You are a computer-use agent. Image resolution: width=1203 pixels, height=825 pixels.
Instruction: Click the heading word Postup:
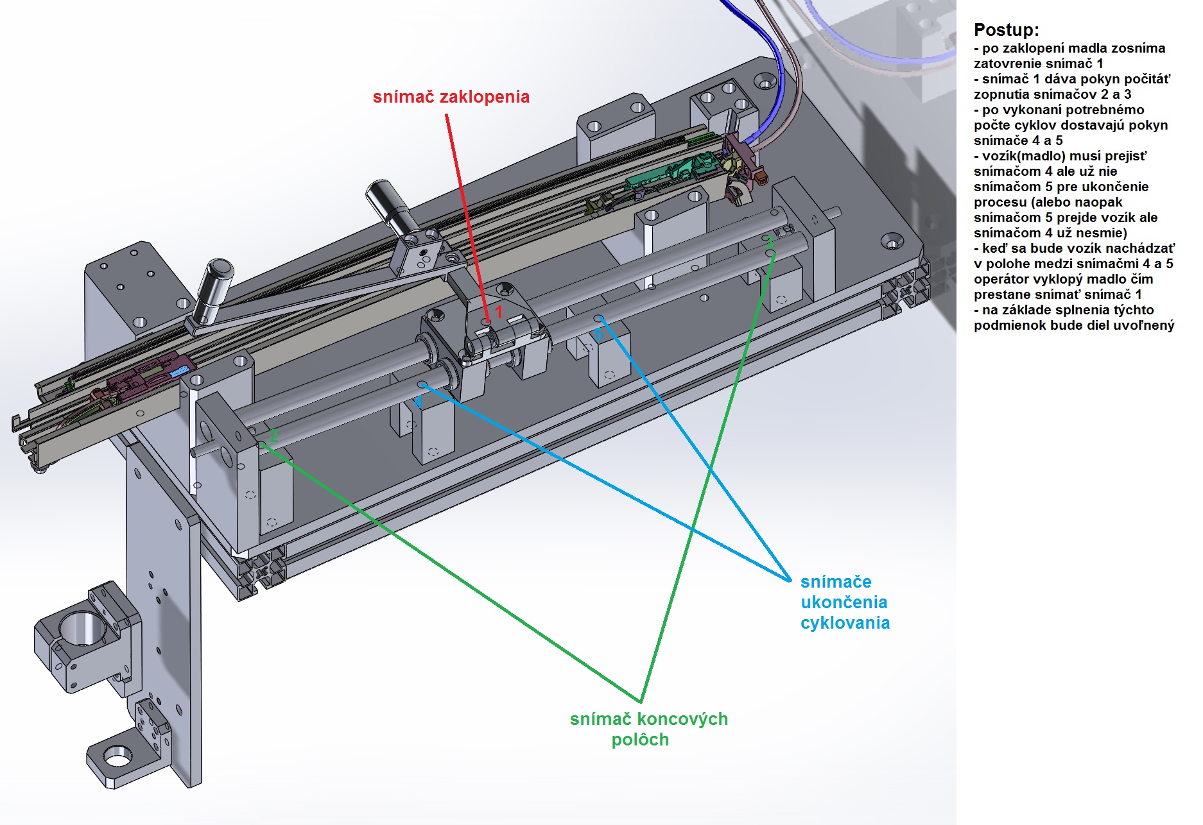[x=1005, y=30]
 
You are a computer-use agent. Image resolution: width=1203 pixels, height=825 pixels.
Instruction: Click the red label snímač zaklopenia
[x=451, y=97]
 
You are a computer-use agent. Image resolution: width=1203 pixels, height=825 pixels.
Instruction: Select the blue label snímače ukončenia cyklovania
[x=844, y=602]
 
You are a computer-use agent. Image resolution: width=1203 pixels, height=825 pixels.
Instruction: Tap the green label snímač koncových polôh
[x=648, y=729]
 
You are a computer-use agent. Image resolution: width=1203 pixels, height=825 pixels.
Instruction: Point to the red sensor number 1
[x=499, y=312]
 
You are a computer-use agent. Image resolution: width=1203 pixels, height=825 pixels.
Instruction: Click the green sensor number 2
[x=273, y=436]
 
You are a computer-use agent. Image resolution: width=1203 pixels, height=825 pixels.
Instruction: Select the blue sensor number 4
[x=418, y=402]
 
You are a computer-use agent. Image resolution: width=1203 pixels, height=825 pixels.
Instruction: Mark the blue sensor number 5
[x=598, y=334]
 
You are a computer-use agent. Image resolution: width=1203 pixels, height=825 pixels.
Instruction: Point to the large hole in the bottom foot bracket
[x=117, y=758]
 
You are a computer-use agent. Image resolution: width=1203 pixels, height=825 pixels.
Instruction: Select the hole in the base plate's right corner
[x=891, y=242]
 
